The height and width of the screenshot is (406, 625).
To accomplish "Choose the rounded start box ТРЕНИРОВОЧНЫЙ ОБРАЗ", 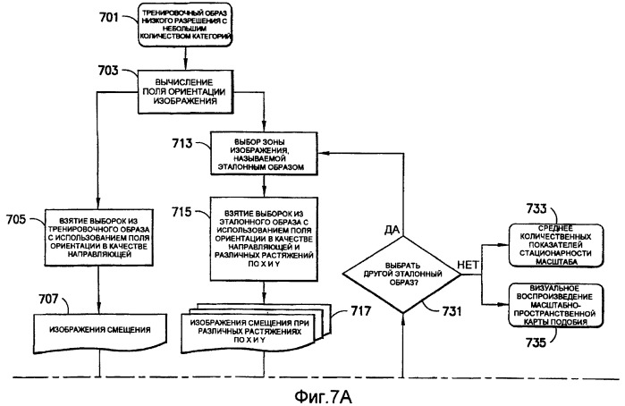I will (185, 25).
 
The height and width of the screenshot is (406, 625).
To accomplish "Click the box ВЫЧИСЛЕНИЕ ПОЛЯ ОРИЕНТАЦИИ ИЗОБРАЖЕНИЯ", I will (184, 89).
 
